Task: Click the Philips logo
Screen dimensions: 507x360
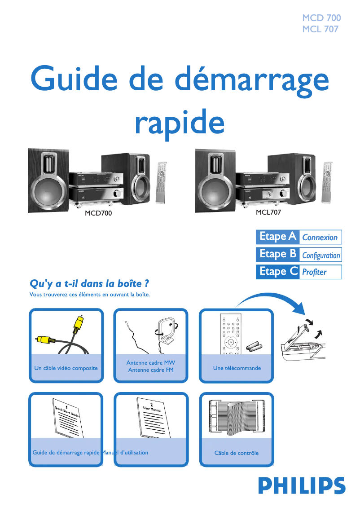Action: [301, 485]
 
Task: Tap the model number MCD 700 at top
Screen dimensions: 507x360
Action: [321, 18]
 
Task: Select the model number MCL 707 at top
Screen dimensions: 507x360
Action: [320, 30]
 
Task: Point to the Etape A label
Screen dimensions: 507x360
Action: [277, 237]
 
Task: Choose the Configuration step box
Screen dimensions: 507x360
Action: [320, 255]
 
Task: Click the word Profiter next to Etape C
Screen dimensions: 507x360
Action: [314, 272]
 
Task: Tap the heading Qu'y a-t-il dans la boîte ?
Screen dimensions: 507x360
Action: [89, 284]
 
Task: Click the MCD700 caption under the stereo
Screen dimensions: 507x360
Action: [98, 213]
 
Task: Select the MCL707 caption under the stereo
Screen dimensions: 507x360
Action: [268, 212]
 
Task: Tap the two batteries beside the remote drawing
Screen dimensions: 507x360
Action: [254, 346]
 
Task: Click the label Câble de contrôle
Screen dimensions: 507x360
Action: [237, 453]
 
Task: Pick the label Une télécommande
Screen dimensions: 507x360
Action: [237, 368]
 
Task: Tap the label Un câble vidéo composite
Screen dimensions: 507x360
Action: [66, 368]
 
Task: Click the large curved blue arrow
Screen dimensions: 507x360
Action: [274, 299]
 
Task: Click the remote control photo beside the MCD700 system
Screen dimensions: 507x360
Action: [161, 182]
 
